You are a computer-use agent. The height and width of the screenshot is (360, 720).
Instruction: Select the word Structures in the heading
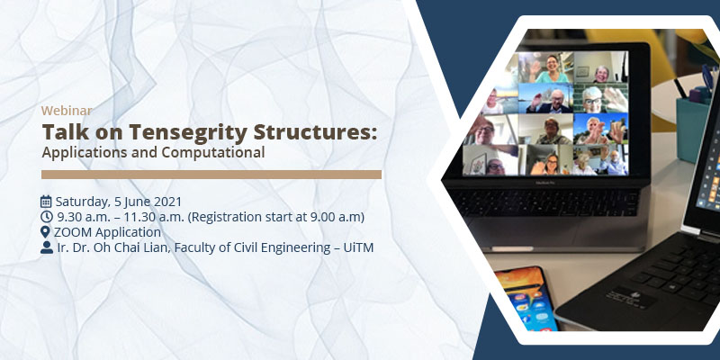click(315, 131)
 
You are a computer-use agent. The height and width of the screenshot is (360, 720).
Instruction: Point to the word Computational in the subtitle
click(212, 152)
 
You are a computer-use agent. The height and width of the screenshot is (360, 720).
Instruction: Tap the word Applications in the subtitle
click(85, 152)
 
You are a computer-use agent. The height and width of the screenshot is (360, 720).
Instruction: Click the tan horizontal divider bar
click(211, 175)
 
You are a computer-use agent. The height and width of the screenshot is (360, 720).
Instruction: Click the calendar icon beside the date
click(46, 201)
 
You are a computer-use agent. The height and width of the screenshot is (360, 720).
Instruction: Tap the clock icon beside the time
click(47, 217)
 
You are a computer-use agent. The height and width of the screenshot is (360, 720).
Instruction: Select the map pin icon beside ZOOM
click(45, 232)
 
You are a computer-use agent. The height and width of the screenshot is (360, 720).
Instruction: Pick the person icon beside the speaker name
click(47, 247)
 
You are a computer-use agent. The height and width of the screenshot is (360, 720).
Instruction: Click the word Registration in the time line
click(224, 217)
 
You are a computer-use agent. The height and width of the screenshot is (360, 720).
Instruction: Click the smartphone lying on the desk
click(526, 299)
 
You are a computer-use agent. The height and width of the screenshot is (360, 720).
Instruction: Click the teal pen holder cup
click(692, 130)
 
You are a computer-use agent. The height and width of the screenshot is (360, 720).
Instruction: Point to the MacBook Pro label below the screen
click(545, 182)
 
